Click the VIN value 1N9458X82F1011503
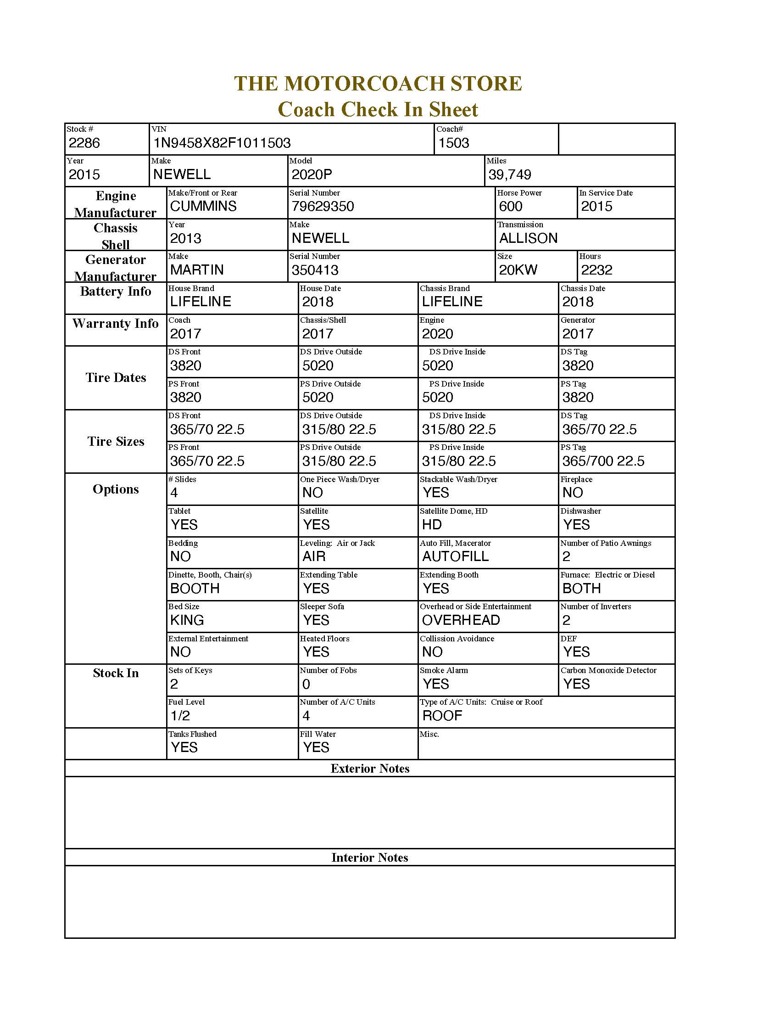[222, 143]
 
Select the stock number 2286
[84, 143]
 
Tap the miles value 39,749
[510, 175]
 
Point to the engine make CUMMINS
[203, 206]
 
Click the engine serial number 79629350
[323, 206]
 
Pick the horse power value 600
[511, 206]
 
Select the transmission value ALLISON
[528, 238]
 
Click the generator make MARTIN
[197, 269]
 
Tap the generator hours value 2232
[596, 270]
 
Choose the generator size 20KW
[518, 270]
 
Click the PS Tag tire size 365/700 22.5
[603, 461]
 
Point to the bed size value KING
[187, 620]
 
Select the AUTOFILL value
[455, 556]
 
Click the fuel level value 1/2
[180, 716]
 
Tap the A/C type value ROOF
[442, 716]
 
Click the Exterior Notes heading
[370, 769]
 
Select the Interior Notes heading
[370, 858]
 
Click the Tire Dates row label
[116, 378]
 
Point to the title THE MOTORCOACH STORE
[378, 84]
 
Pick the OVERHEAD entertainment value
[461, 620]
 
